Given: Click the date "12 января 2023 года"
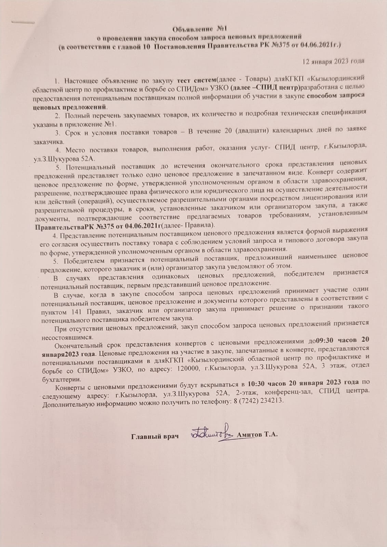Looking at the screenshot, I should click(x=333, y=61).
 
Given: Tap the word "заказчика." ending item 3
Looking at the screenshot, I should click(x=48, y=141).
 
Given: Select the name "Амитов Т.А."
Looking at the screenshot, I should click(x=257, y=435).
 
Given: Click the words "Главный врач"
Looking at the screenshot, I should click(x=155, y=436).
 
